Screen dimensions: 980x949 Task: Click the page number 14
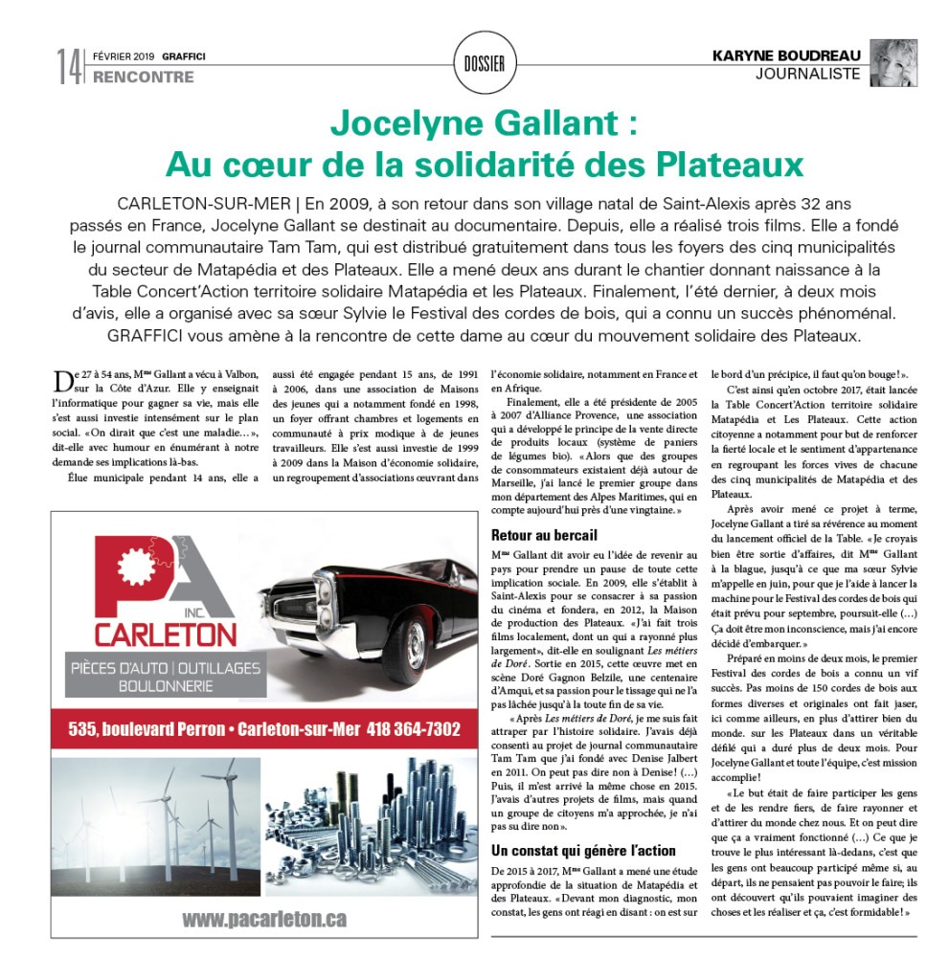(68, 66)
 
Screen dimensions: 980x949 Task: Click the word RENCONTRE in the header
(143, 77)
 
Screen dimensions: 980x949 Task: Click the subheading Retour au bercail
(543, 535)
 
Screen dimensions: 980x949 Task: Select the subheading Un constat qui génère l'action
(583, 850)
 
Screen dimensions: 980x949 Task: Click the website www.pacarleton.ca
(264, 920)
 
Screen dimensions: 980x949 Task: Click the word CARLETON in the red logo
(165, 634)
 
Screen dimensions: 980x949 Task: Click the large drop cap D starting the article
(64, 383)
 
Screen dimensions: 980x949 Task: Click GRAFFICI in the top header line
(184, 56)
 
